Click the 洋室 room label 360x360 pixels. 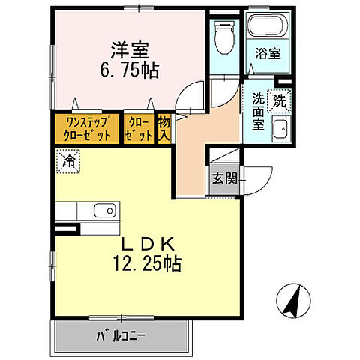[130, 50]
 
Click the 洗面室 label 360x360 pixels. [256, 111]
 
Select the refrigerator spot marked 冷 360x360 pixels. [68, 160]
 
